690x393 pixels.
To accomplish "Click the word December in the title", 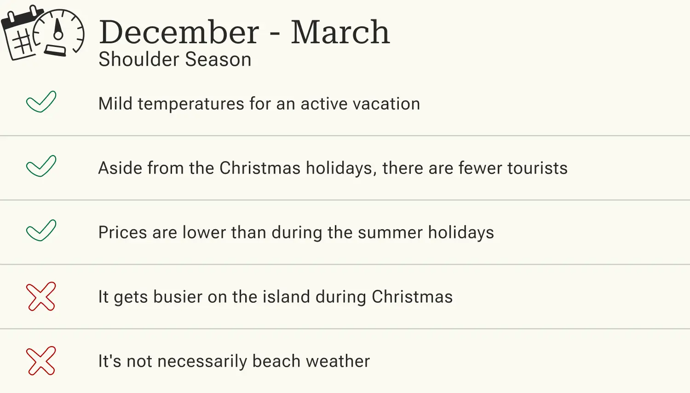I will [x=179, y=32].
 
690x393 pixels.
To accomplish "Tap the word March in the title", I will [x=340, y=32].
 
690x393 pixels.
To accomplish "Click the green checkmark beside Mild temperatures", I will [x=41, y=102].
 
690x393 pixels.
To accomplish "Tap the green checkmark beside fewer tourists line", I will [x=41, y=166].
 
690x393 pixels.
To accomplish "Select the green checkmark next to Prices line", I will [x=41, y=231].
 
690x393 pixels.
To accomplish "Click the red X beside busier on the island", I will [x=41, y=297].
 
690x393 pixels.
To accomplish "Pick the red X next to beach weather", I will [x=41, y=361].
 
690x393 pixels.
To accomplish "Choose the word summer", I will [x=390, y=233].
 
